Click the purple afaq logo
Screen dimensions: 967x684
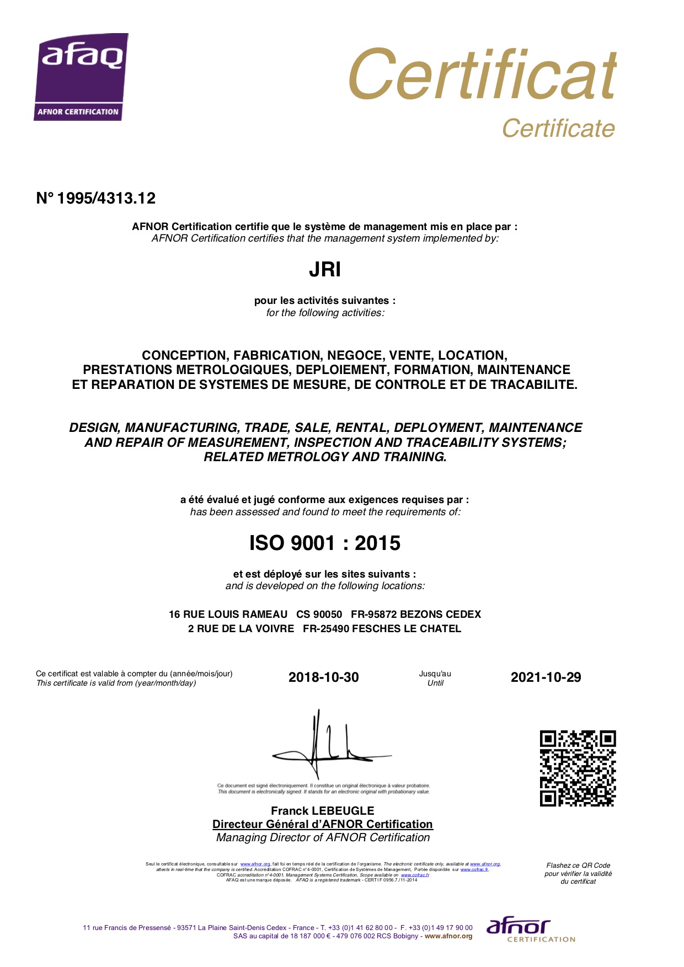point(81,77)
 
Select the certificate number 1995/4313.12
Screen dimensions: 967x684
point(96,199)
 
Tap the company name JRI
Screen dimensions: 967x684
point(325,270)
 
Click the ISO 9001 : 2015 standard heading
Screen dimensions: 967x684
point(325,543)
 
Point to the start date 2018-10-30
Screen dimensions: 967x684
point(323,677)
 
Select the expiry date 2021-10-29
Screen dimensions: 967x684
point(546,677)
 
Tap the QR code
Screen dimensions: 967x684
point(578,768)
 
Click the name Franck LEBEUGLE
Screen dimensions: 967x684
point(323,811)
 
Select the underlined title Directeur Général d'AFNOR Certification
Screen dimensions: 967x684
point(323,824)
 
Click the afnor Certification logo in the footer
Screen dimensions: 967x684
point(530,930)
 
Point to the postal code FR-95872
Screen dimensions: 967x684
point(373,615)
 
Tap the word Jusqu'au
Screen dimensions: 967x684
point(435,674)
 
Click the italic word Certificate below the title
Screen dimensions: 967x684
point(558,129)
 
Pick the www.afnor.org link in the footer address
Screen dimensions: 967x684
point(448,936)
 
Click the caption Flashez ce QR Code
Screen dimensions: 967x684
point(578,866)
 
